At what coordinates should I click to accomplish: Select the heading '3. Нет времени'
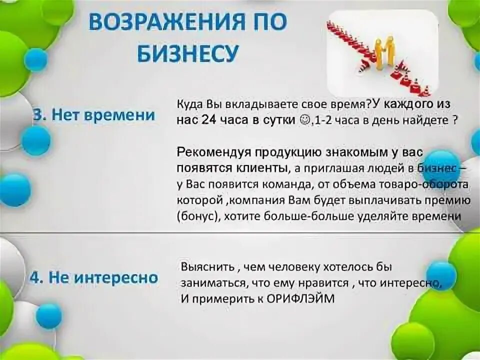tap(94, 115)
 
